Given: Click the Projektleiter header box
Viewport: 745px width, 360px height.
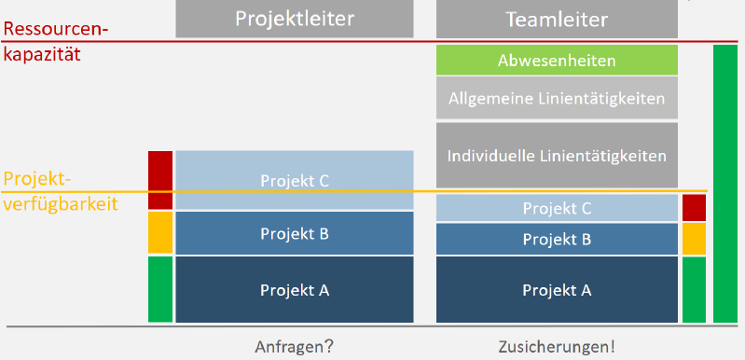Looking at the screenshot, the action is click(x=294, y=19).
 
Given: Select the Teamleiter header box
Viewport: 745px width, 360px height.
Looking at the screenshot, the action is click(x=557, y=19).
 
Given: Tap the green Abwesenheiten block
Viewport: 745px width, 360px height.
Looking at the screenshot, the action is click(x=557, y=61).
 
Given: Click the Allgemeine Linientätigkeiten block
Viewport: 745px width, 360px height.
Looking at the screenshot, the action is click(x=557, y=98).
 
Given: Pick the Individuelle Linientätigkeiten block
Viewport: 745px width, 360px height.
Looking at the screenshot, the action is click(x=557, y=155).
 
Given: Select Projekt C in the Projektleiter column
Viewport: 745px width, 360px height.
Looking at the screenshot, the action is click(x=294, y=180).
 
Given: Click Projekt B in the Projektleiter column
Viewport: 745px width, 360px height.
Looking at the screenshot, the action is click(x=294, y=233).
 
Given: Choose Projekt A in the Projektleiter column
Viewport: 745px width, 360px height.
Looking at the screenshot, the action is click(x=294, y=289).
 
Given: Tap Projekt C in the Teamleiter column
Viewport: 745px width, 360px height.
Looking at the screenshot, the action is click(x=557, y=208).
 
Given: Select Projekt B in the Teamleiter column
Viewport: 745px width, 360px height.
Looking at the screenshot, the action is click(x=557, y=239).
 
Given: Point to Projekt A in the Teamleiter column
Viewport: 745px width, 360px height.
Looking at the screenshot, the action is click(x=557, y=289).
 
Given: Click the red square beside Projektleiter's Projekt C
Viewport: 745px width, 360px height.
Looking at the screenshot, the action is click(x=160, y=179).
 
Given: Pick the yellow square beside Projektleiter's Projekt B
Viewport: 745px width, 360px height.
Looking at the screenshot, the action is click(x=160, y=233).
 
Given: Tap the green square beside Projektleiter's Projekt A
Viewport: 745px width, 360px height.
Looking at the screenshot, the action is click(x=160, y=289).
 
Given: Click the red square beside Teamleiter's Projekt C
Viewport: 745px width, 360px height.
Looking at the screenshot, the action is click(x=694, y=208).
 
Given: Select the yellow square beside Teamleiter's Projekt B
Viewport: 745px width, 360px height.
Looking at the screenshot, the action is click(x=694, y=239).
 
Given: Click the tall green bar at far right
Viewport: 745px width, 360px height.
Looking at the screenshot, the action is click(x=725, y=184).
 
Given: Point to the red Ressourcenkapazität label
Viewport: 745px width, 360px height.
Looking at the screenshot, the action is click(x=56, y=41).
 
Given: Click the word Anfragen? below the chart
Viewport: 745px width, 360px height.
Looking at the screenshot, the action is click(x=294, y=346).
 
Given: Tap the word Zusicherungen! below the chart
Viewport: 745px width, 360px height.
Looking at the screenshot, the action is click(x=557, y=346).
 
